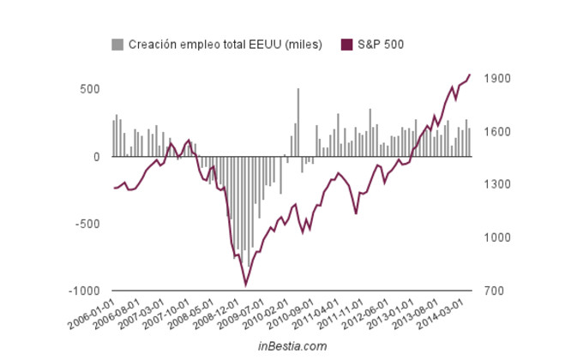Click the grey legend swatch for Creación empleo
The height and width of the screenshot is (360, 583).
tap(117, 44)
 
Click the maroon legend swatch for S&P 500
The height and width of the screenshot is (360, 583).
tap(347, 44)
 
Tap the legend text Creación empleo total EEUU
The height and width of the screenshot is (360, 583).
tap(225, 44)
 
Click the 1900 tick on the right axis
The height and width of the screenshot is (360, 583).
tap(497, 79)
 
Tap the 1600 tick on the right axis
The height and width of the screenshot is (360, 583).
tap(497, 132)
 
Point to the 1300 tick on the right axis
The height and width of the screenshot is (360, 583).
tap(497, 185)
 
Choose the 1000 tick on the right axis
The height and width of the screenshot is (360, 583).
tap(497, 238)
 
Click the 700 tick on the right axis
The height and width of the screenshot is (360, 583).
tap(495, 291)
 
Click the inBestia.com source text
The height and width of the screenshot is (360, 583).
tap(291, 346)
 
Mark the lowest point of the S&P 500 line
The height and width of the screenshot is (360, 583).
tap(246, 285)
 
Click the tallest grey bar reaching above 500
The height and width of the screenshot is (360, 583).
tap(298, 122)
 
